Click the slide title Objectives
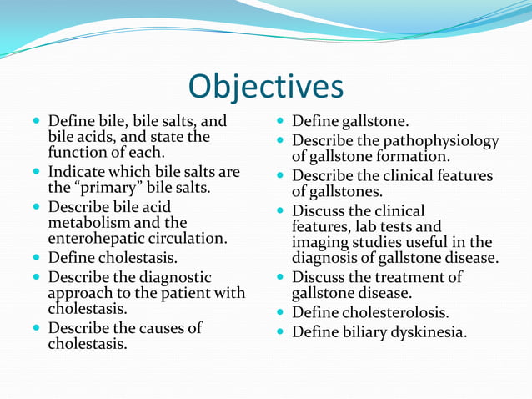coord(266,86)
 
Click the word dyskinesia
coord(427,332)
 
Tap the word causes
coord(153,328)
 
